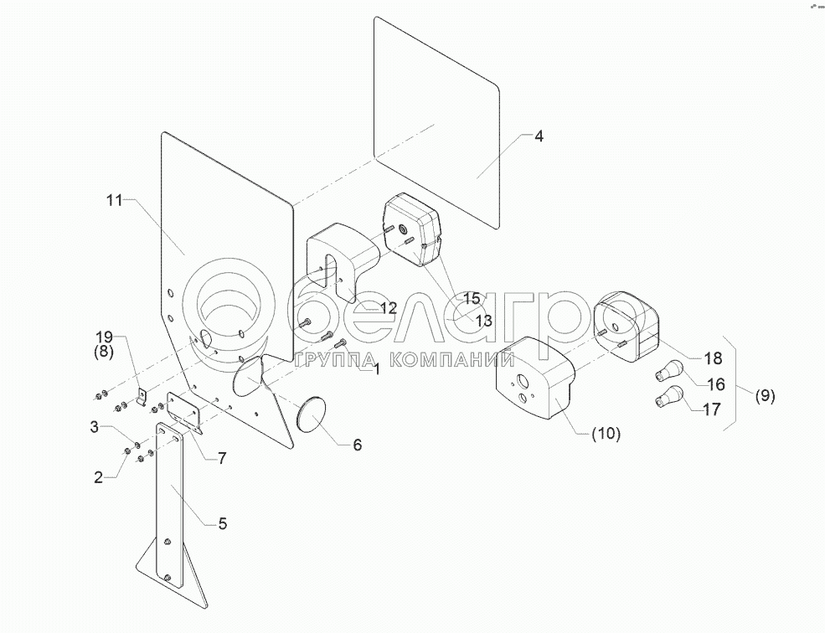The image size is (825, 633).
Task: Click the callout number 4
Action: [x=539, y=136]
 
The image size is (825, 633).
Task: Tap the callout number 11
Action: [x=115, y=200]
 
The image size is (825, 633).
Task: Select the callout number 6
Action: [x=357, y=445]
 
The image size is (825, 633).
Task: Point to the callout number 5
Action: [x=222, y=524]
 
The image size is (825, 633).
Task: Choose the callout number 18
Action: [x=712, y=358]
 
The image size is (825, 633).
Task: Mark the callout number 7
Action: [x=223, y=457]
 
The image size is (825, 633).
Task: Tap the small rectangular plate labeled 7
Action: [x=185, y=411]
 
